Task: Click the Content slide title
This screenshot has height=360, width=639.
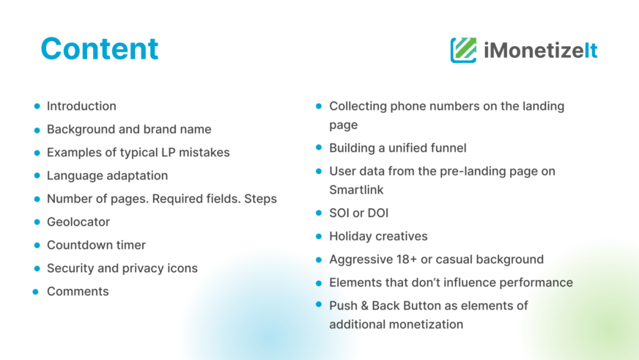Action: pos(100,48)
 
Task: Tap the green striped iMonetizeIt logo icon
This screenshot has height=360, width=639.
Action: pos(463,50)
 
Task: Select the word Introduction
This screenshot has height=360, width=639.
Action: pos(81,106)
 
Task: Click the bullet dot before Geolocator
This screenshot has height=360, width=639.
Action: pos(37,222)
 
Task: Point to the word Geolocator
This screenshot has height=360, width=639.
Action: pos(78,221)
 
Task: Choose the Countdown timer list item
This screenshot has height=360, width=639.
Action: pos(96,245)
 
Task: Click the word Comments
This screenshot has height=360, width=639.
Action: pos(78,292)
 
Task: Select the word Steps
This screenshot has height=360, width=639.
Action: pos(260,199)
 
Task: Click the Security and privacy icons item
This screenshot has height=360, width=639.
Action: pos(122,268)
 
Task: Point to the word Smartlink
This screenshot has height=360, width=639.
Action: pos(356,190)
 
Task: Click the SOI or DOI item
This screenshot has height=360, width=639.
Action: pos(358,213)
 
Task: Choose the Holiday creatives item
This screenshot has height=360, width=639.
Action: pos(378,237)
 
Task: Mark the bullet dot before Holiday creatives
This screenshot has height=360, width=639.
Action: pos(319,237)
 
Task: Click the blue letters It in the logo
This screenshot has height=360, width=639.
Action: pos(591,51)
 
